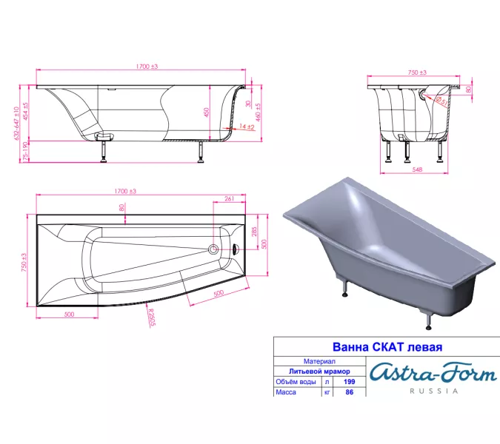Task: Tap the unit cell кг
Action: tap(327, 393)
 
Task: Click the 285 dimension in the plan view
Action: tap(255, 232)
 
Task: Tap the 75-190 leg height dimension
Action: tap(27, 152)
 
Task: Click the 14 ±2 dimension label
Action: tap(247, 128)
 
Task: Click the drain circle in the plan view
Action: tap(215, 249)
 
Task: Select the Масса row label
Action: tap(287, 393)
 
